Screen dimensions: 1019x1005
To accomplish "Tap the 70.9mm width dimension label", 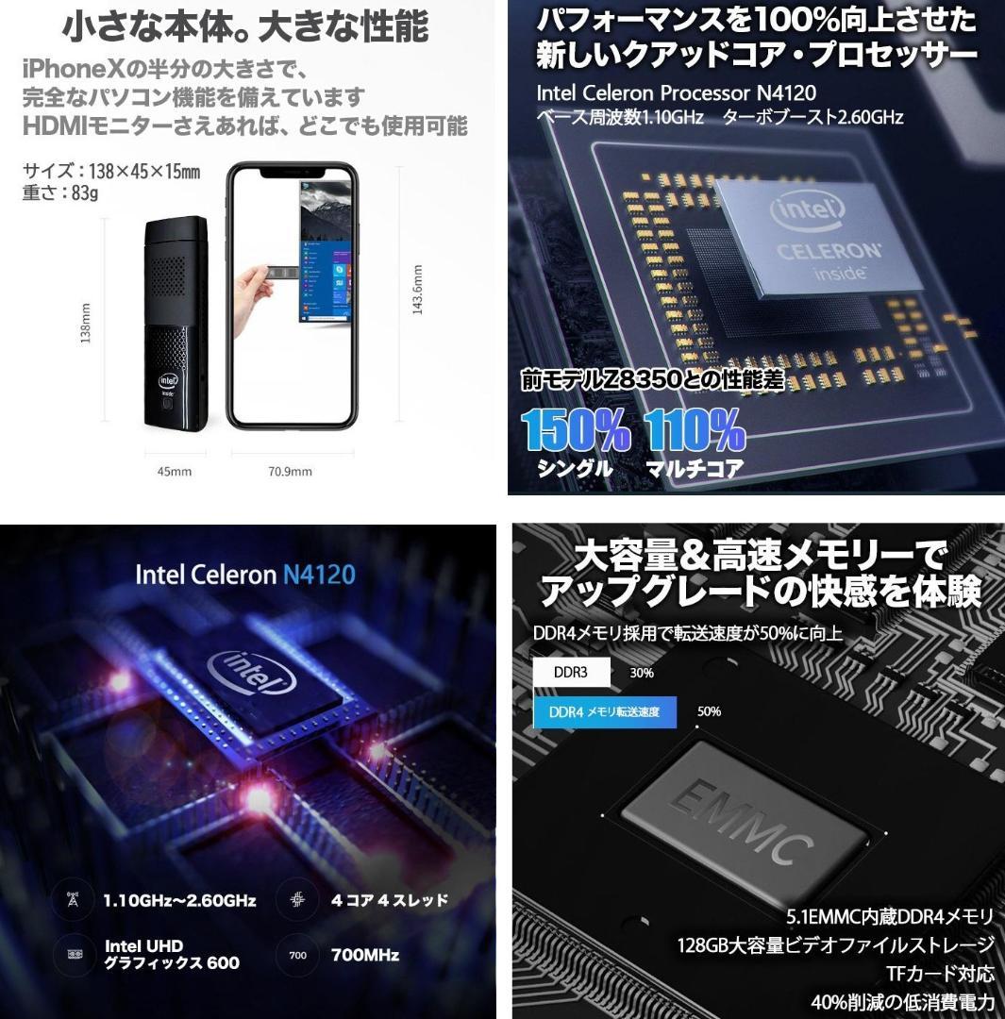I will tap(290, 471).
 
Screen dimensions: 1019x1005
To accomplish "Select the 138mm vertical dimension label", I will tap(87, 323).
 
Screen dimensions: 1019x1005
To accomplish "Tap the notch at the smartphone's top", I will tap(292, 173).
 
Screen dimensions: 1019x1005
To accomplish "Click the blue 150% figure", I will tap(576, 429).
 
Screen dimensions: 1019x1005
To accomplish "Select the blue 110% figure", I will tap(695, 429).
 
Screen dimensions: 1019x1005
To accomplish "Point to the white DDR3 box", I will tap(571, 673).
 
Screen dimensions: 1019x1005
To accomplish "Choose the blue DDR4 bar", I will tap(605, 711).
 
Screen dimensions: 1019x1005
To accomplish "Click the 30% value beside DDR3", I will tap(642, 673).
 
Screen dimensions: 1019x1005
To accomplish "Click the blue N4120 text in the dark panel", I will tap(318, 575).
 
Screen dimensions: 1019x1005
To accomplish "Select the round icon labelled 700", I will tap(297, 955).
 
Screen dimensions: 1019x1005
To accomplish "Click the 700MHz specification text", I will tap(365, 955).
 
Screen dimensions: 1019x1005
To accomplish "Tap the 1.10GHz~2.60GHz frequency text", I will tap(179, 900).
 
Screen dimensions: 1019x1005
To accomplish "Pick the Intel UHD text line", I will tap(143, 946).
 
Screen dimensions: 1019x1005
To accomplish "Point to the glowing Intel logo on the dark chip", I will tap(252, 672).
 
